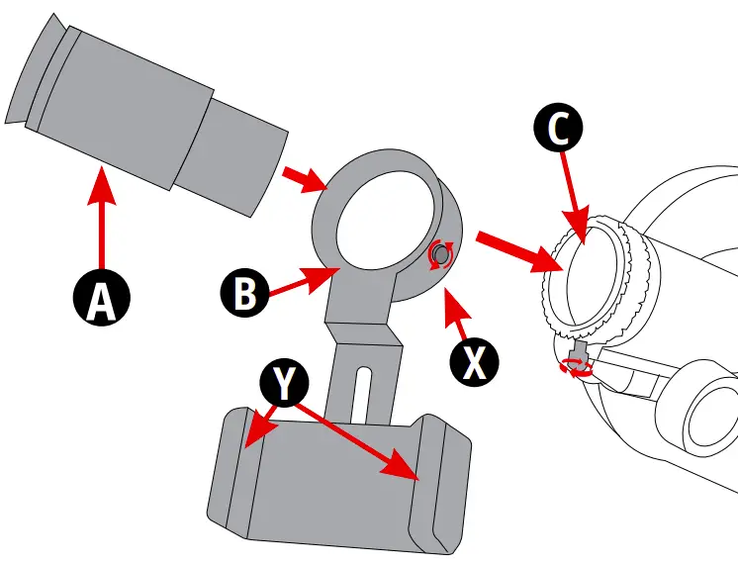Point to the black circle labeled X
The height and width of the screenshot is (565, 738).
point(474,361)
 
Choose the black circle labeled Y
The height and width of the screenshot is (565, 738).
point(285,383)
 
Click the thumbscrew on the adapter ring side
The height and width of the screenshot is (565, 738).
point(440,254)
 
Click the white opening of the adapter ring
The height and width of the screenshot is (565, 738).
point(385,219)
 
